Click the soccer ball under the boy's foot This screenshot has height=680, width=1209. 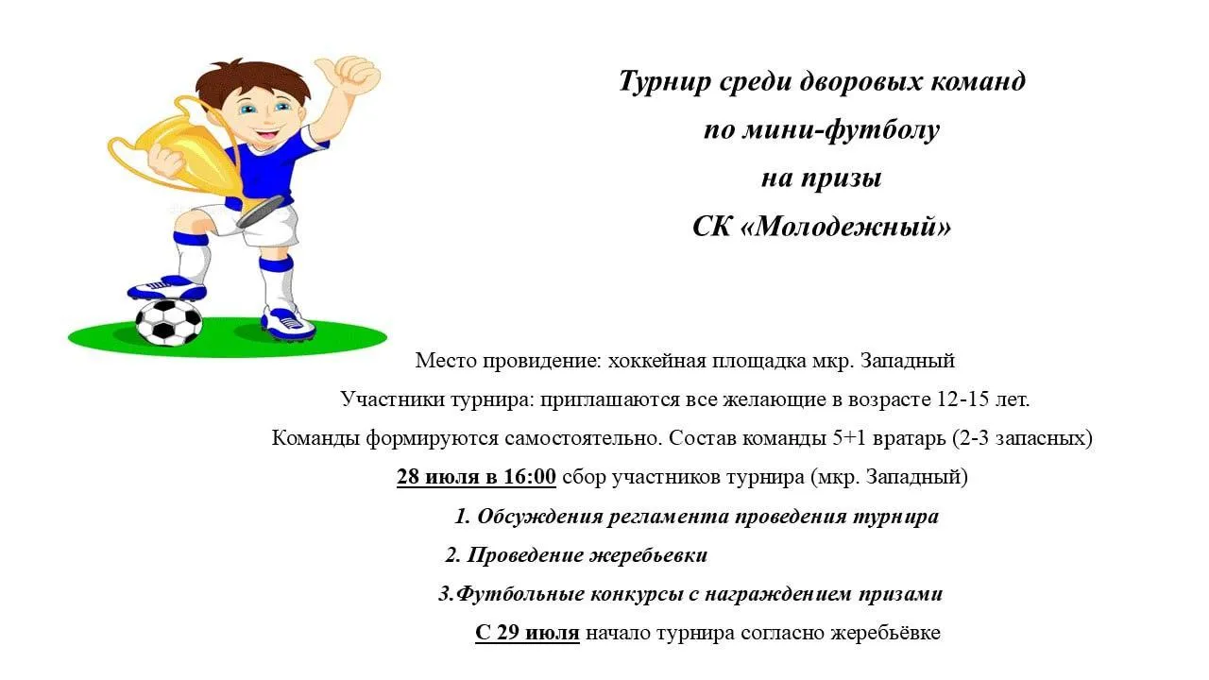[x=168, y=322]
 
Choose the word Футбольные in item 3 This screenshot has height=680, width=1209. [x=519, y=594]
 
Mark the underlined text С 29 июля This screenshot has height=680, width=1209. [x=527, y=633]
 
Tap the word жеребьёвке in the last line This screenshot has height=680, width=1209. [x=885, y=633]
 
